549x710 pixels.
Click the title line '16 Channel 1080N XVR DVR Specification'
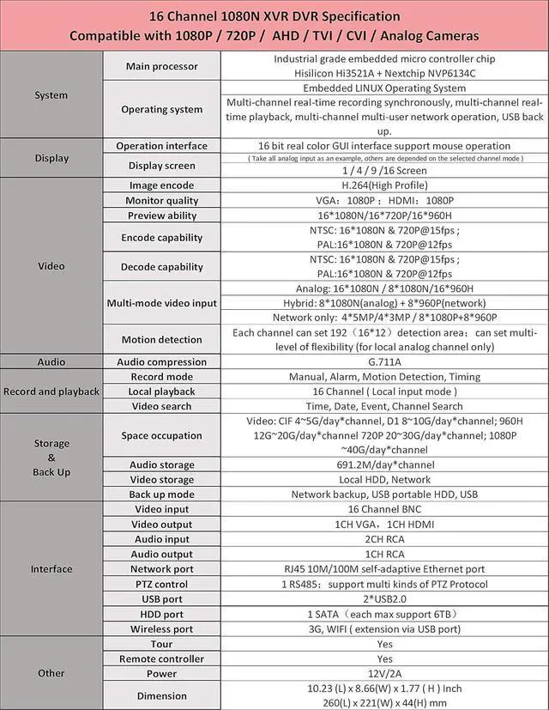274,16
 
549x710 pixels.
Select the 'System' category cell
51,94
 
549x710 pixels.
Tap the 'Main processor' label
161,66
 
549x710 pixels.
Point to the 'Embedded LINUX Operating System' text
384,88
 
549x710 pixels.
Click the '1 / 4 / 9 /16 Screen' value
384,170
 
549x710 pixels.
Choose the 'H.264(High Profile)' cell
384,185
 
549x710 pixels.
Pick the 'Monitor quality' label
161,201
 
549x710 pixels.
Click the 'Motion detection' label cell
161,340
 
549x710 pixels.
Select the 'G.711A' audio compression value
384,362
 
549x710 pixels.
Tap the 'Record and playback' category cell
51,391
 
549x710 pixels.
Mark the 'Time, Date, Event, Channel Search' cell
384,406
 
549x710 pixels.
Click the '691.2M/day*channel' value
384,465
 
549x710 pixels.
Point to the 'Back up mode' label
161,495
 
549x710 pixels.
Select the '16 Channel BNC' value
384,510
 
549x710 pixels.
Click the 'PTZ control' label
161,584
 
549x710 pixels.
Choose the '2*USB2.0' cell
384,599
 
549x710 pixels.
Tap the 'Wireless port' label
161,628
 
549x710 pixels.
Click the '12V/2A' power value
384,674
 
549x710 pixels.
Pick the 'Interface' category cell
51,569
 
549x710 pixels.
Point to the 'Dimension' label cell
161,696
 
